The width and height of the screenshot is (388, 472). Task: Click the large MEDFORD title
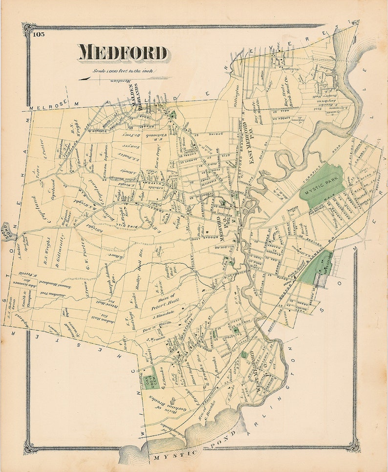(x=123, y=53)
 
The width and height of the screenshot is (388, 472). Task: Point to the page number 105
(x=39, y=34)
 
